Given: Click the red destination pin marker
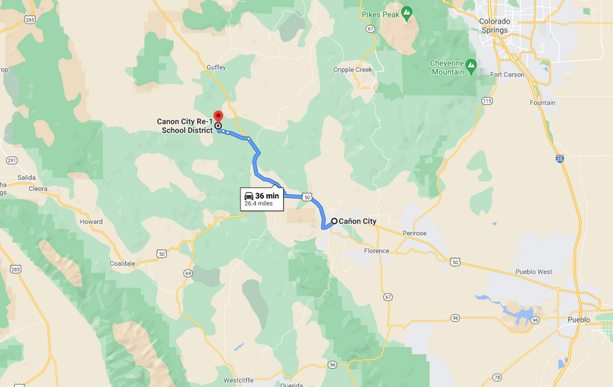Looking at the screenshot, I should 218,117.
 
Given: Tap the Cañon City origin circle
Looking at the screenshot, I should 334,222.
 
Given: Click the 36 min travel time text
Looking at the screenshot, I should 266,196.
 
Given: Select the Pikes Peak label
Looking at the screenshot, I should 381,14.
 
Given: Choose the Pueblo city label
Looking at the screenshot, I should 579,319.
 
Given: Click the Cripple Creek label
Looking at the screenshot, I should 353,70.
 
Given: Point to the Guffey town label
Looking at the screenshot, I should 217,68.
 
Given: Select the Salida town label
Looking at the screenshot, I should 15,177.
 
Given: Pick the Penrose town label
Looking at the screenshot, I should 414,233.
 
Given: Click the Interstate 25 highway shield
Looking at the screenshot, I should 559,158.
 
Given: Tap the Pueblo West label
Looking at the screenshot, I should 534,271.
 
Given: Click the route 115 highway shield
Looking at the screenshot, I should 486,101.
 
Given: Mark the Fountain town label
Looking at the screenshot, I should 542,102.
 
